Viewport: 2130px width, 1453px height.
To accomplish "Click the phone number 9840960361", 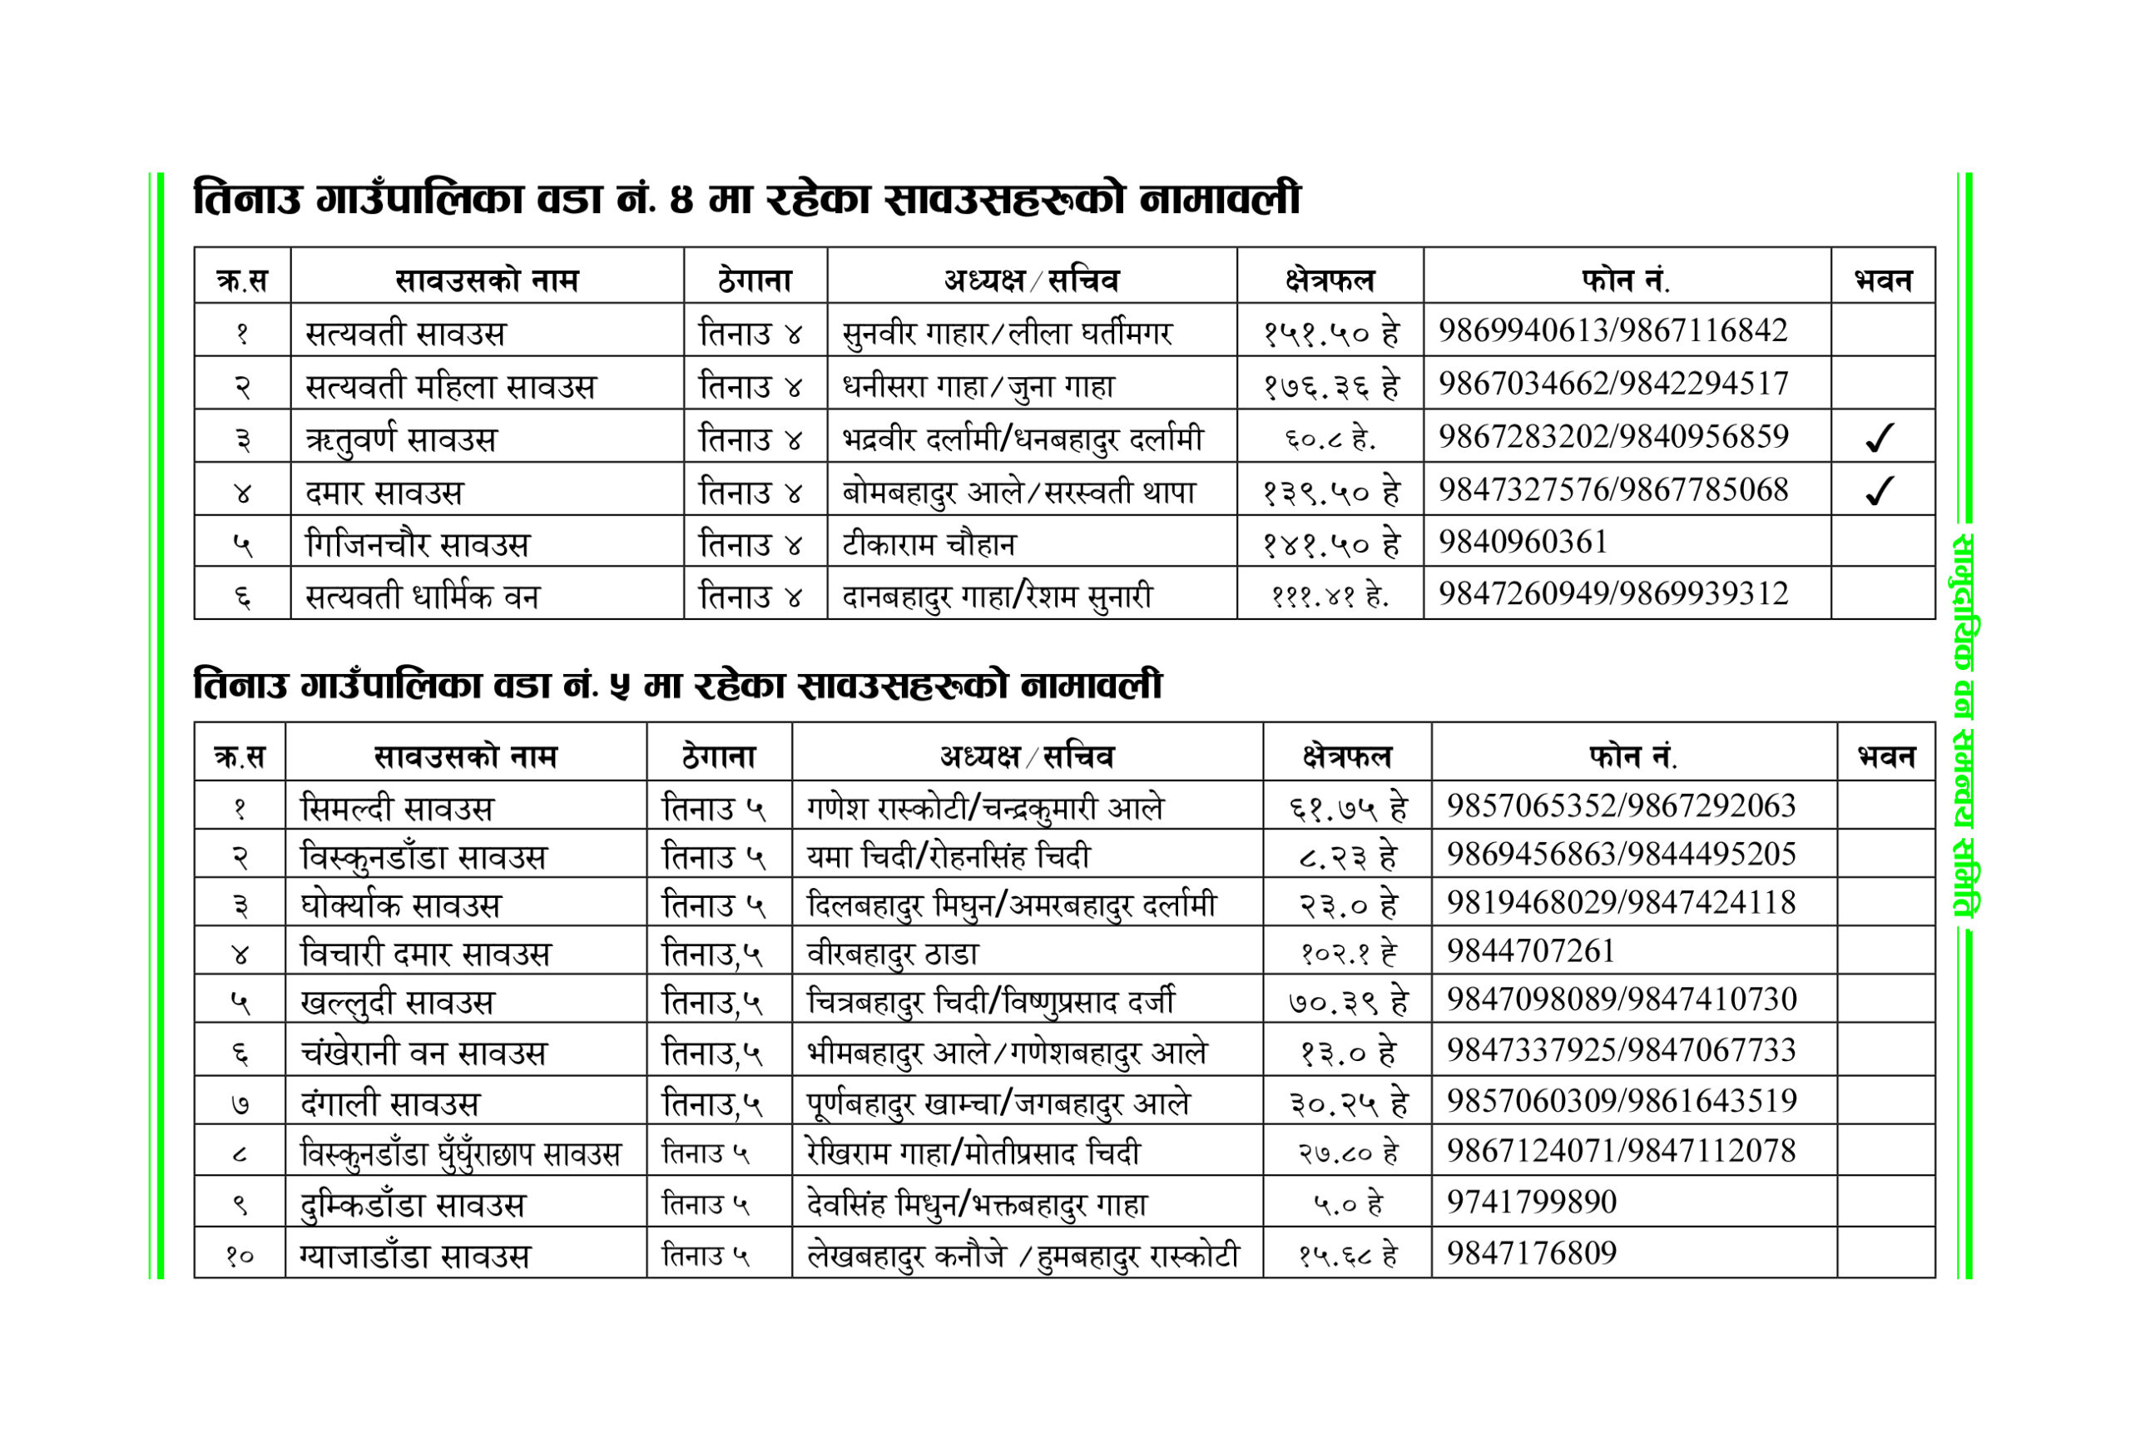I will [x=1523, y=542].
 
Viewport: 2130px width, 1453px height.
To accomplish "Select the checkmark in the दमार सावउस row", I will [x=1879, y=490].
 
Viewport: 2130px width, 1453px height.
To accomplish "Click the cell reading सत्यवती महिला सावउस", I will [x=450, y=386].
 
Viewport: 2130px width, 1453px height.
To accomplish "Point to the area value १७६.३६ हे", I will [x=1330, y=386].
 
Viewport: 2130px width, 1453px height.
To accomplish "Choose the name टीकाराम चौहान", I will [x=929, y=544].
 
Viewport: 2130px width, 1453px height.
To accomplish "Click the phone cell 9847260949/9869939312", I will [x=1612, y=594].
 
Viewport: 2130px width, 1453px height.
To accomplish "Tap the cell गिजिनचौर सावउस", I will [x=417, y=544].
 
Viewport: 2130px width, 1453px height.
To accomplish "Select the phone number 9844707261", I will [x=1531, y=950].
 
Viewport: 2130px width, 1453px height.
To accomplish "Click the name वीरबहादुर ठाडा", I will [x=892, y=955].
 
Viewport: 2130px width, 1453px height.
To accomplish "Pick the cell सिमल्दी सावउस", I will [x=397, y=809].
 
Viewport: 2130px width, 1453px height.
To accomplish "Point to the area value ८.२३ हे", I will [x=1347, y=856].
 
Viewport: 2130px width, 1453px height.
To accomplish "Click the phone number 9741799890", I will [x=1532, y=1201].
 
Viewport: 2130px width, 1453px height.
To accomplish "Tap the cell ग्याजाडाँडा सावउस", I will [x=415, y=1255].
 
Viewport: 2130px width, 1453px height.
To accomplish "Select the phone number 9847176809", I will [x=1532, y=1252].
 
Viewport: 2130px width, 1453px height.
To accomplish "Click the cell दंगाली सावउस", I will [x=389, y=1103].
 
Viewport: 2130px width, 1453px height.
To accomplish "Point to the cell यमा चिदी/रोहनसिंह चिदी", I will [x=949, y=856].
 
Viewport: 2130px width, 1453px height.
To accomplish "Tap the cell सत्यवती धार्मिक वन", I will [x=423, y=597].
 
